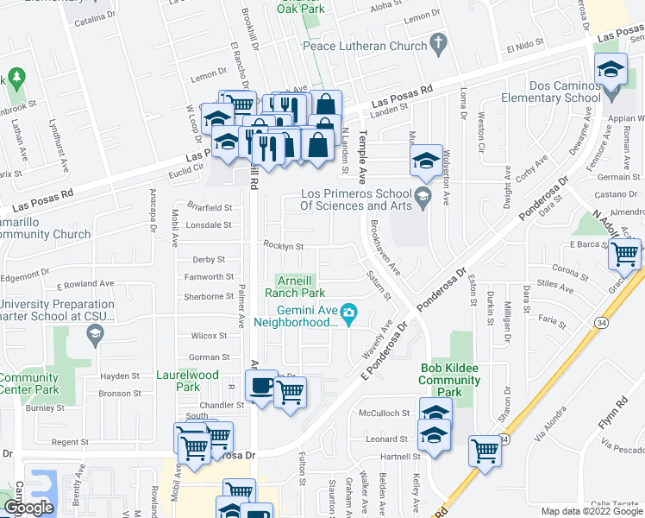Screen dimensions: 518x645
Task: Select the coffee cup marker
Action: [x=261, y=386]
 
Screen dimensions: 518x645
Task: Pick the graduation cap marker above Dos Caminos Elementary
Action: [x=611, y=68]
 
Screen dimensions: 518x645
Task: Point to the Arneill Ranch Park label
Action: [x=299, y=286]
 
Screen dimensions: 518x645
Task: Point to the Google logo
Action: [x=28, y=508]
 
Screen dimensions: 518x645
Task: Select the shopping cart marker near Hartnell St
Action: [x=485, y=450]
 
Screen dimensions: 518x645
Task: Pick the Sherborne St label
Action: [x=208, y=296]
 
